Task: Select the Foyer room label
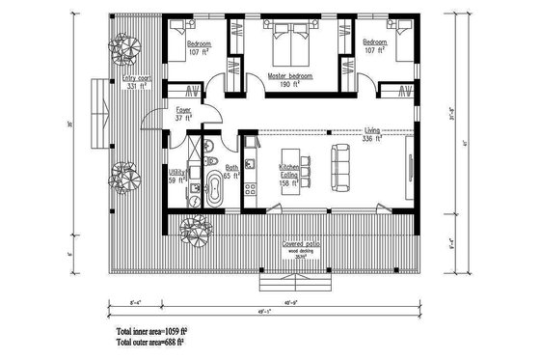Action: pos(180,114)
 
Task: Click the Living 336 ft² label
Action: pos(371,134)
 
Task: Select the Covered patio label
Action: pos(300,245)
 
